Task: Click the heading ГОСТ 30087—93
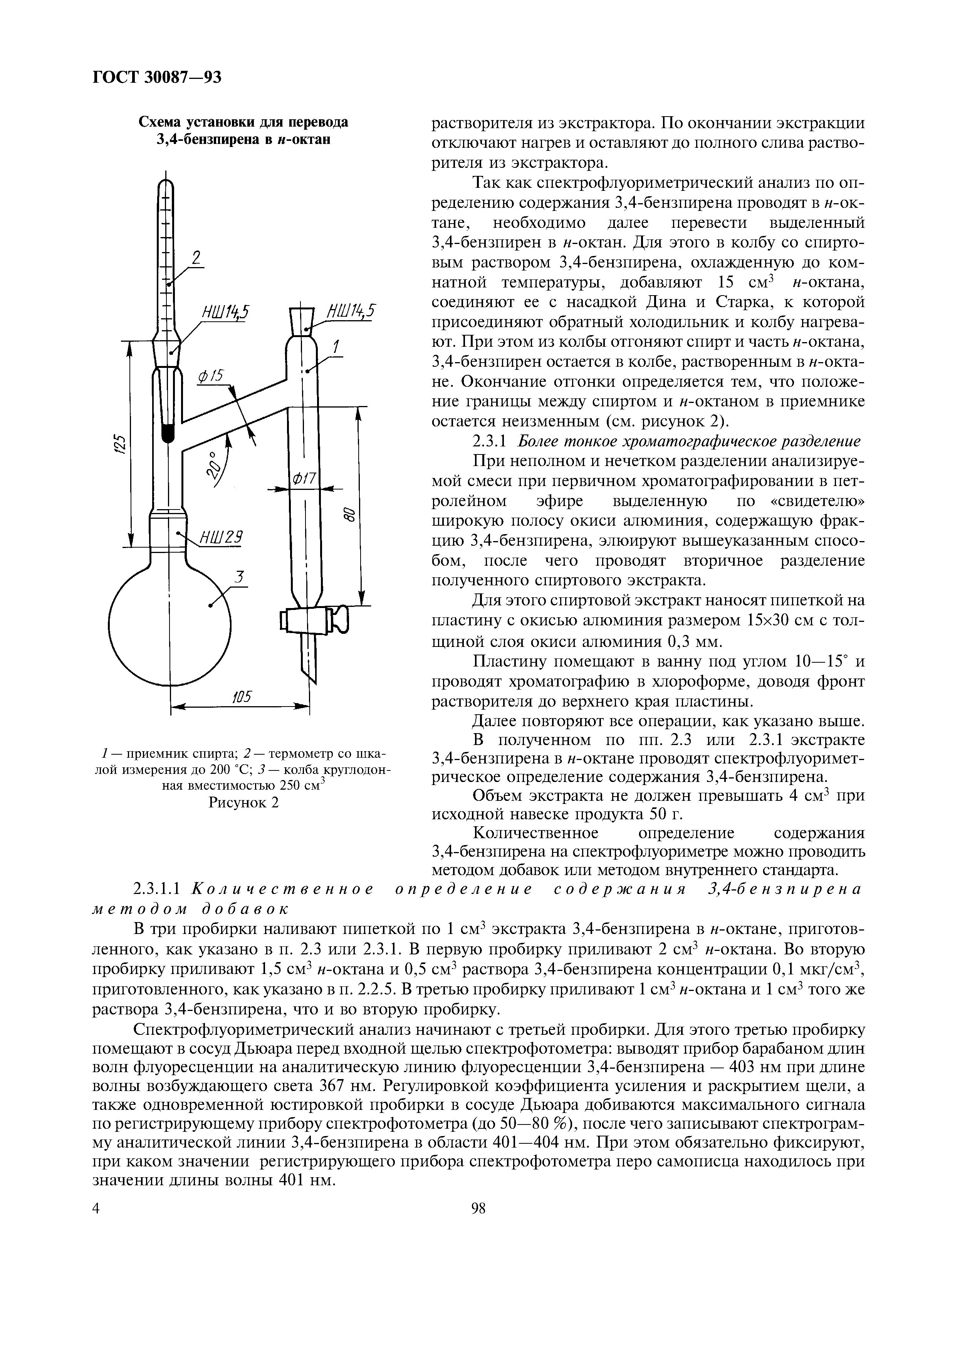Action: tap(157, 77)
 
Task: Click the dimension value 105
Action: tap(241, 697)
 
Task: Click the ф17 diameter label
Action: tap(304, 480)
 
